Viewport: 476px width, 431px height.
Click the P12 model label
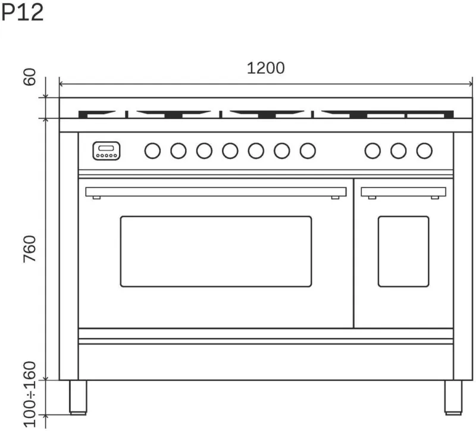(x=23, y=13)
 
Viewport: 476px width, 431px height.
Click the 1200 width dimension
(x=265, y=68)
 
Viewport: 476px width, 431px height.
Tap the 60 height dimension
(x=30, y=77)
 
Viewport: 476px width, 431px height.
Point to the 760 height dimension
(x=30, y=249)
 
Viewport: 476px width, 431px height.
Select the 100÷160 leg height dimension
(x=30, y=394)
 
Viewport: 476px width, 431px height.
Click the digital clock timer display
(x=107, y=151)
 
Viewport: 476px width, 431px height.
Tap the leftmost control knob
(x=152, y=151)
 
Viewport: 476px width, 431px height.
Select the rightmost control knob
(x=424, y=151)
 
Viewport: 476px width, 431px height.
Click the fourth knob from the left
(x=230, y=151)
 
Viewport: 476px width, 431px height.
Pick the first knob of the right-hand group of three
(x=372, y=151)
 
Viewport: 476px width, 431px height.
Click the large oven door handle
(x=216, y=192)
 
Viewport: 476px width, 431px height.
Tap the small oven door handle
(x=403, y=192)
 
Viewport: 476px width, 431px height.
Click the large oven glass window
(x=216, y=251)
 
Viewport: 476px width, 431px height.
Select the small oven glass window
(x=403, y=251)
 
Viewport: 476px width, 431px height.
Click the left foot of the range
(x=78, y=397)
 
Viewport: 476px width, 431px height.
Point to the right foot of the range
(x=453, y=397)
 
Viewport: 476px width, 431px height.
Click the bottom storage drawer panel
(x=266, y=362)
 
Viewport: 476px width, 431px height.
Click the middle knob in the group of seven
(x=230, y=151)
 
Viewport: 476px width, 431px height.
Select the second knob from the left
(x=178, y=151)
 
